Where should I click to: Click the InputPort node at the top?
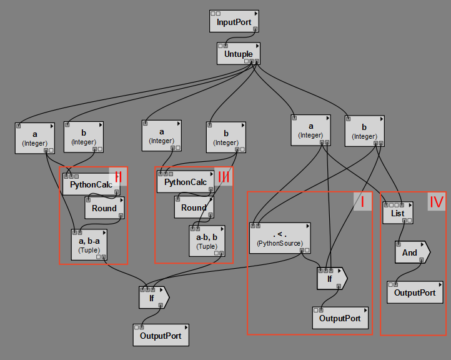(234, 22)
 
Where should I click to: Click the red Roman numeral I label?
(362, 201)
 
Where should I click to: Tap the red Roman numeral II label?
(117, 176)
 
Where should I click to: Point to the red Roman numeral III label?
(224, 176)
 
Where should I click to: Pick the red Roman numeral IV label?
(436, 201)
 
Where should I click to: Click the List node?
(398, 213)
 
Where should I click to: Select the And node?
(410, 252)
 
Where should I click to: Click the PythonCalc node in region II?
(92, 184)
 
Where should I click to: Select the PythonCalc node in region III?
(186, 182)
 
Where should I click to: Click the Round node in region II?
(104, 208)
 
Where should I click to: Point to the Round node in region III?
(194, 207)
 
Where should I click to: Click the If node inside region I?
(330, 279)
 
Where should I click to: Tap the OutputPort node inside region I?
(340, 317)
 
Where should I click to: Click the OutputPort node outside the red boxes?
(161, 335)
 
